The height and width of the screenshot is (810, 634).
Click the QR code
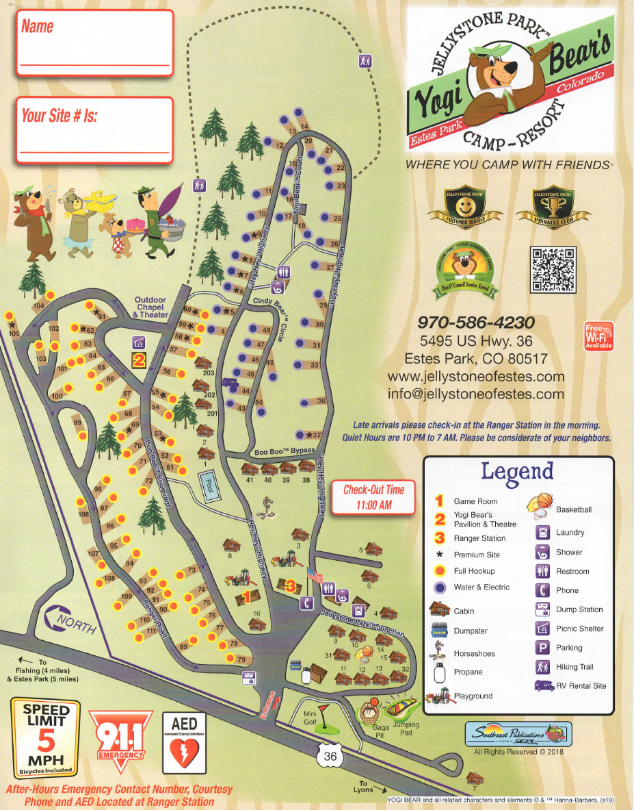tap(553, 269)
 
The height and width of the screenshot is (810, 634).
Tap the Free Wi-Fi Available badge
tap(598, 336)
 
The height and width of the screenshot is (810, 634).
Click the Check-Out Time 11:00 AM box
tap(374, 496)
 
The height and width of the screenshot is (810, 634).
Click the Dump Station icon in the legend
tap(542, 609)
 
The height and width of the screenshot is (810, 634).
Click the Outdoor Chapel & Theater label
tap(150, 307)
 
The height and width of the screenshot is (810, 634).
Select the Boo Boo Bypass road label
tap(285, 452)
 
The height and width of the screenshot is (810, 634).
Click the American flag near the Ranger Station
tap(314, 574)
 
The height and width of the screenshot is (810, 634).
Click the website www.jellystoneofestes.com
tap(475, 377)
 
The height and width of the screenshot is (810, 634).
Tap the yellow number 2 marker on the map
tap(139, 359)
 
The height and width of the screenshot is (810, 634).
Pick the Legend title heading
tap(516, 471)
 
